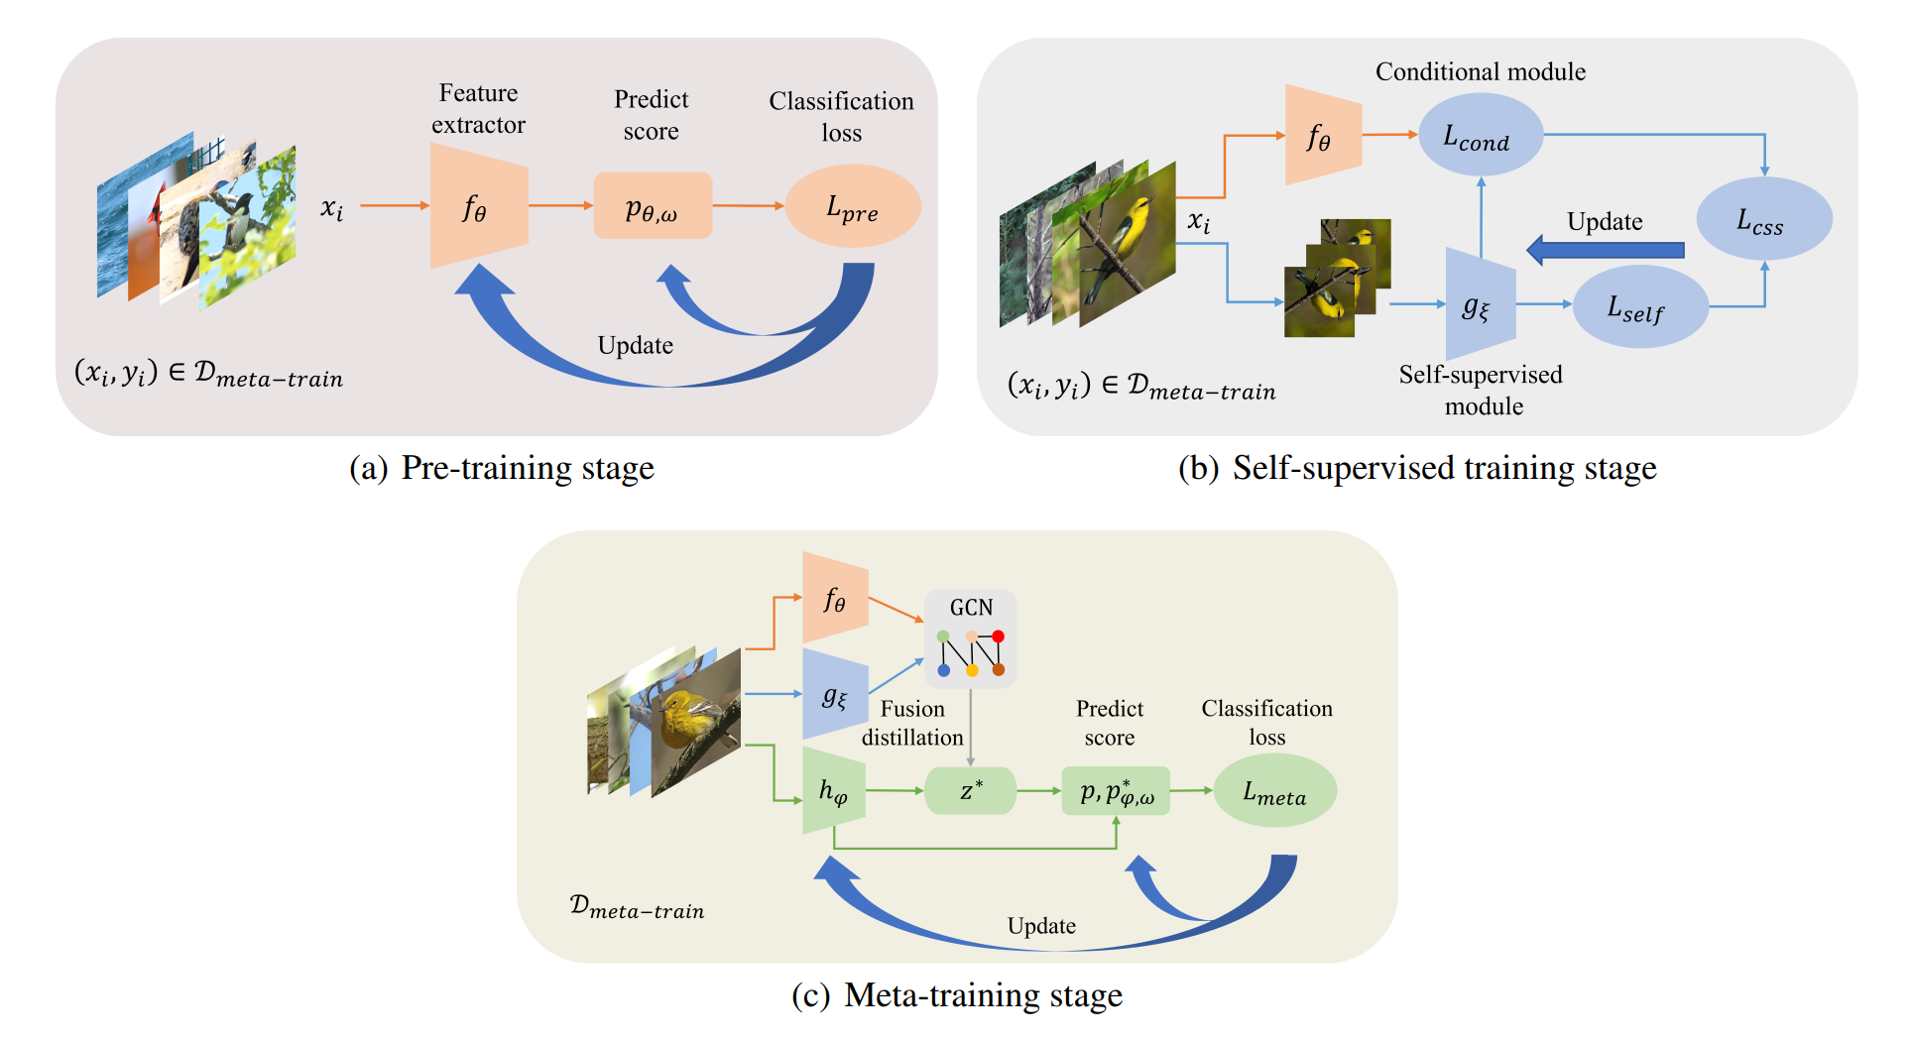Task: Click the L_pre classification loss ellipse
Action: tap(852, 206)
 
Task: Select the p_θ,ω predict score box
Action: tap(653, 206)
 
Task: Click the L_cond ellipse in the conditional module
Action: tap(1480, 135)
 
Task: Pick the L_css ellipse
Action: tap(1763, 219)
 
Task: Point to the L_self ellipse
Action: tap(1639, 307)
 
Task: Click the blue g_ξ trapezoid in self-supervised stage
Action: tap(1479, 305)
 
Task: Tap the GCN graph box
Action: tap(970, 639)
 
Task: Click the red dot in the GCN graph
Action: tap(999, 636)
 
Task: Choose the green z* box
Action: tap(970, 791)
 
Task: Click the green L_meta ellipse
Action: tap(1274, 791)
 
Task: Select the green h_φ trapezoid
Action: tap(833, 791)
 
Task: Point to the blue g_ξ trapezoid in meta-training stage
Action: tap(834, 695)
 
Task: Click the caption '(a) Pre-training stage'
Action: tap(502, 468)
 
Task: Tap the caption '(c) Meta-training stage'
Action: tap(957, 994)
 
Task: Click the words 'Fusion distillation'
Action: tap(912, 723)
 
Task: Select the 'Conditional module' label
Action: tap(1480, 71)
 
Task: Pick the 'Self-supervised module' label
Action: tap(1481, 390)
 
